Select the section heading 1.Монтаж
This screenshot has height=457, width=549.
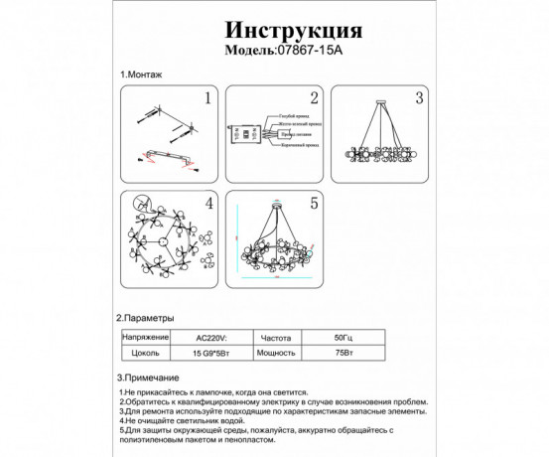pos(142,76)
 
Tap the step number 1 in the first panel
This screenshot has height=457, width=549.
pos(207,98)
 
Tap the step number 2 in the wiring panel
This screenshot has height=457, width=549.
pos(312,98)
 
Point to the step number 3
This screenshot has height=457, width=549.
pos(418,98)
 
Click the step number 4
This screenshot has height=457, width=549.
pos(208,204)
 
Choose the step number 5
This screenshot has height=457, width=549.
pos(313,204)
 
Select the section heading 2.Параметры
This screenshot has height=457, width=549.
pos(147,318)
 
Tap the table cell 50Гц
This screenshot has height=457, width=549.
pos(341,337)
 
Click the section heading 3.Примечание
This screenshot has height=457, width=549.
pos(148,379)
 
